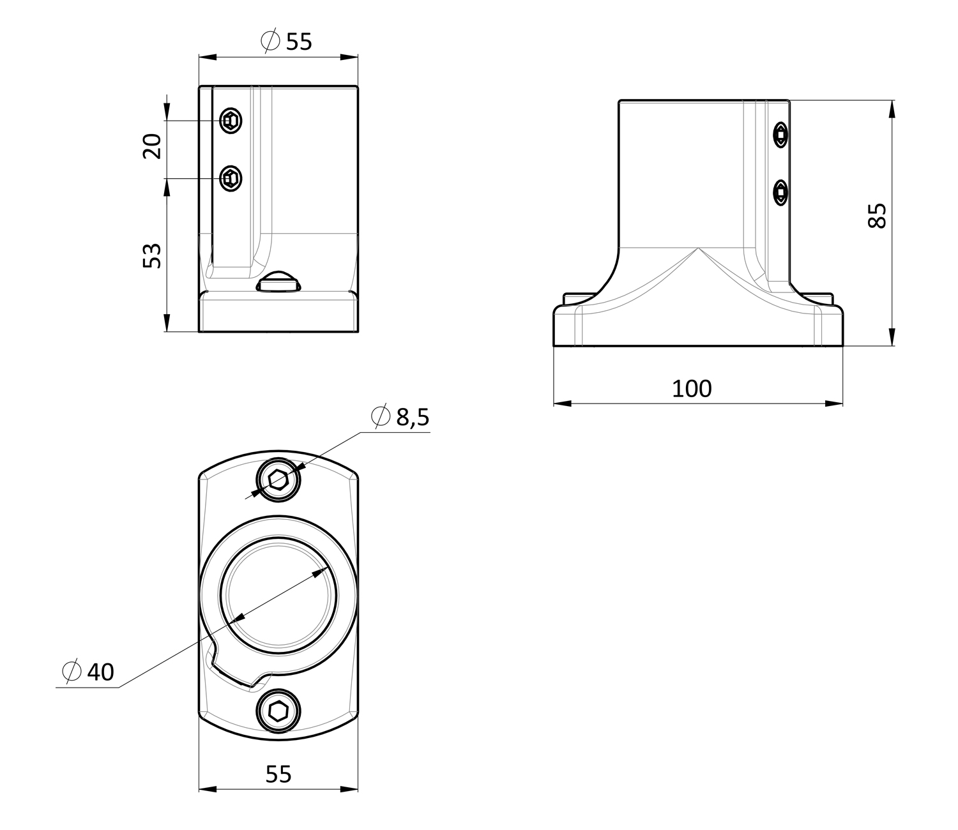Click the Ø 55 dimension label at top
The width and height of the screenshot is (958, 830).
point(286,41)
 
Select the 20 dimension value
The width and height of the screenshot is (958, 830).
point(152,146)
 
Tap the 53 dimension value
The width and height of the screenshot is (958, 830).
point(152,256)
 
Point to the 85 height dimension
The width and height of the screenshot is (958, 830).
point(877,216)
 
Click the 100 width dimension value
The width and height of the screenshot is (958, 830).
point(692,389)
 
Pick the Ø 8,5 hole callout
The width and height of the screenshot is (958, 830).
point(400,416)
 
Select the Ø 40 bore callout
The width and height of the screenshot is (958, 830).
point(88,672)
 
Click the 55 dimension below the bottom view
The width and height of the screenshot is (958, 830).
point(278,774)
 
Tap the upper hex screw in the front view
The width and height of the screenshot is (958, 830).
point(231,121)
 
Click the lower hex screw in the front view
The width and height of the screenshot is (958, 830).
point(231,178)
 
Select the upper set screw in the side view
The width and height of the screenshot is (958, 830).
point(781,135)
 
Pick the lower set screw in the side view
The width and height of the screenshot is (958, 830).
point(781,192)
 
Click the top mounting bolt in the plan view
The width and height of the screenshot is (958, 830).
point(278,479)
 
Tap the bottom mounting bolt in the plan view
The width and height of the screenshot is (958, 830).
point(278,711)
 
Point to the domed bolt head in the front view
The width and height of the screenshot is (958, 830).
point(278,282)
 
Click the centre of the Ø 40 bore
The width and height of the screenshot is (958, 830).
point(278,596)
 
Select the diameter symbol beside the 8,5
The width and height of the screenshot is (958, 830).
point(381,416)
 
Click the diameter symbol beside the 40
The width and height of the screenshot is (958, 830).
point(72,672)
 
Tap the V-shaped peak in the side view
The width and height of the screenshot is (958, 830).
point(698,248)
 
